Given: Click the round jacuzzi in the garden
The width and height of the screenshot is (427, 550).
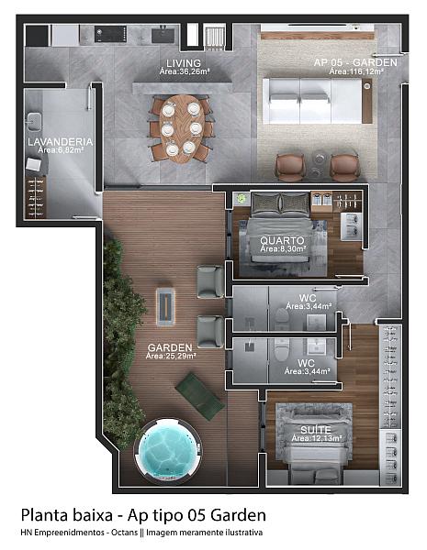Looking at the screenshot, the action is click(x=167, y=449).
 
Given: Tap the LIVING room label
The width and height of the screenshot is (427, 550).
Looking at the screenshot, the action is click(x=184, y=63).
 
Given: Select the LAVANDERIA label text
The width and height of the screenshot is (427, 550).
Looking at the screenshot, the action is click(x=60, y=142).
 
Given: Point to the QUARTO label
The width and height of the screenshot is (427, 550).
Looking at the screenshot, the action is click(x=282, y=240).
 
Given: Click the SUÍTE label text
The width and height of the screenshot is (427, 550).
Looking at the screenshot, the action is click(x=316, y=430).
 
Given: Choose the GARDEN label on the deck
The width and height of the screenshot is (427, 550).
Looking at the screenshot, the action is click(x=170, y=347).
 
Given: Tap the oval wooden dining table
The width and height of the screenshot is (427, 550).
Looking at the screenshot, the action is click(x=182, y=128).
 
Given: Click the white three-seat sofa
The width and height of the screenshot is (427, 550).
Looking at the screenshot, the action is click(x=313, y=101).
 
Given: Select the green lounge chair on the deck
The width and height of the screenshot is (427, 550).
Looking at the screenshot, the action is click(x=200, y=396).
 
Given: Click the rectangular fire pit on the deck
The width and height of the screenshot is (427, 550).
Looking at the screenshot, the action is click(x=165, y=307).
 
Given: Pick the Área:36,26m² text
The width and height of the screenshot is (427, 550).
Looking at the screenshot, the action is click(x=185, y=71).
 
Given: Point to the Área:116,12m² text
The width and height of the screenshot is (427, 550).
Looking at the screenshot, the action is click(x=356, y=71).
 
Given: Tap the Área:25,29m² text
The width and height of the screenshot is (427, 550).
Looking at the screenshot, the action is click(x=171, y=356).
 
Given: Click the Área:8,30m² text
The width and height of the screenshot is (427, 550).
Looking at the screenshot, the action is click(x=283, y=248).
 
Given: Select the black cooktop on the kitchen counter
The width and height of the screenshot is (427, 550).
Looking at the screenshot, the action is click(x=111, y=34).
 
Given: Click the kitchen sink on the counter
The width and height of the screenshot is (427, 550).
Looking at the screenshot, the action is click(x=163, y=36).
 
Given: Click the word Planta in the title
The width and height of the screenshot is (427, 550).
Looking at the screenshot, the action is click(x=43, y=515).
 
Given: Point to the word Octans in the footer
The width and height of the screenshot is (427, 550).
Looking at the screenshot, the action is click(x=124, y=533).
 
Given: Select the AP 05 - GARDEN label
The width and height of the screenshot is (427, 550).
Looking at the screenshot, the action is click(x=355, y=62).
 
